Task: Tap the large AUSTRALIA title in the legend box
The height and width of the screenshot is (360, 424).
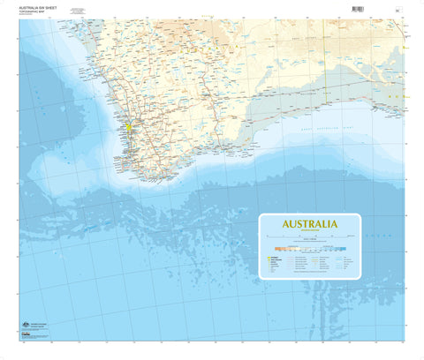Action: [x=308, y=224]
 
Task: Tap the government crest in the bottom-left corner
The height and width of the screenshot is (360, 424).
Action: [x=24, y=326]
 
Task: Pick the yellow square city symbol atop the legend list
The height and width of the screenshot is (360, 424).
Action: [x=266, y=259]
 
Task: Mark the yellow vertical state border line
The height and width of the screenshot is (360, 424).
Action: [x=324, y=53]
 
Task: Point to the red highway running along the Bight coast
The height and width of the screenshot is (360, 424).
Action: [x=353, y=101]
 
